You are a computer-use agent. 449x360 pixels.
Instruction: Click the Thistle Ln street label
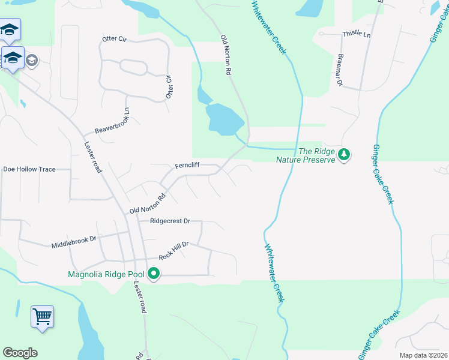357,34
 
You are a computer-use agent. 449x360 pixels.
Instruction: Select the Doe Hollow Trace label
29,169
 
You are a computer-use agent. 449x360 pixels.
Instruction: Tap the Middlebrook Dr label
74,242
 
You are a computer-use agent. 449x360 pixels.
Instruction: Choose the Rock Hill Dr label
174,251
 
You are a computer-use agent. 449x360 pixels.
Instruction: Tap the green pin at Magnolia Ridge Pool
154,274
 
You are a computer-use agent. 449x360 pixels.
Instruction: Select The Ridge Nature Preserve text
304,155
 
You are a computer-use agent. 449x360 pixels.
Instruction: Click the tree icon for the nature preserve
344,155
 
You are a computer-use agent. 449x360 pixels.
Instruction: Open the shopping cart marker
42,316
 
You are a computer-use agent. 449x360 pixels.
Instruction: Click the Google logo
20,353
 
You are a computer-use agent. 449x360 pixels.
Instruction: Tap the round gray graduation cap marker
31,60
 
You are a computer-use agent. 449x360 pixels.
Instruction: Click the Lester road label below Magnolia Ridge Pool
140,298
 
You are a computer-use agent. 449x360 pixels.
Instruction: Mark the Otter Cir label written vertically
169,88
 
